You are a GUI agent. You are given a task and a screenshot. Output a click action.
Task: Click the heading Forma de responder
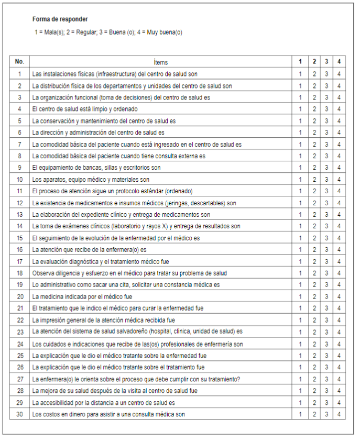point(60,19)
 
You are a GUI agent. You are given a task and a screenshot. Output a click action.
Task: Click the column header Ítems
point(161,62)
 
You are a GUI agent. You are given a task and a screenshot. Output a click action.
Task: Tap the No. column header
point(19,62)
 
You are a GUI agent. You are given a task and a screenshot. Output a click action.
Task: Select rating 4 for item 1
point(339,74)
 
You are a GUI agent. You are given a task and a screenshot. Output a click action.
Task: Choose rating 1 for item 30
point(300,414)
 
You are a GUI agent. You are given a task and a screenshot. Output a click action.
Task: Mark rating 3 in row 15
point(326,238)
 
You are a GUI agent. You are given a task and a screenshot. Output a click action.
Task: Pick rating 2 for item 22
point(314,320)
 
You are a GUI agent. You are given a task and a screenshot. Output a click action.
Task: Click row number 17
point(19,261)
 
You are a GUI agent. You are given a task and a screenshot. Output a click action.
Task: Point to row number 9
point(19,168)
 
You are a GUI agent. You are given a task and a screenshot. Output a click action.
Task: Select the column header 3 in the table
point(326,62)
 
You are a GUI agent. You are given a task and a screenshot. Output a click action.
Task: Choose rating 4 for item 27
point(339,379)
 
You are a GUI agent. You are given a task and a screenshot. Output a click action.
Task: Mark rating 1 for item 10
point(300,180)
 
